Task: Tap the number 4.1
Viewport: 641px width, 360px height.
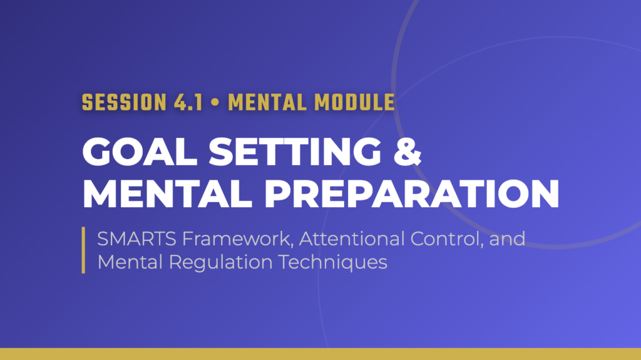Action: click(188, 103)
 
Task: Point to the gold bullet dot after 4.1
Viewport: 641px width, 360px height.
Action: click(215, 103)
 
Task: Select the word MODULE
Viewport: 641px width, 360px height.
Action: click(354, 103)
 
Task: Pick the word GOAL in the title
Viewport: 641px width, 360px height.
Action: click(140, 152)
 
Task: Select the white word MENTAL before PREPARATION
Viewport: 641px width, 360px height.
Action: click(167, 194)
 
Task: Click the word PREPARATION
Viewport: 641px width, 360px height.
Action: click(412, 194)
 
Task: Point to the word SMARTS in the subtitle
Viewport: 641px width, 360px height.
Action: click(136, 239)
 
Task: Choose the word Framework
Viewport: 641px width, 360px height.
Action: click(238, 239)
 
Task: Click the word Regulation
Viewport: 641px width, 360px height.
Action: click(220, 262)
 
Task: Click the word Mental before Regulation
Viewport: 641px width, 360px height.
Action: click(130, 262)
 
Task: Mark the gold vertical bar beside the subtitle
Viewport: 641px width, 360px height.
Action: click(83, 250)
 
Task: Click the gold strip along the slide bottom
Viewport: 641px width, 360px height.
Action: click(320, 354)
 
